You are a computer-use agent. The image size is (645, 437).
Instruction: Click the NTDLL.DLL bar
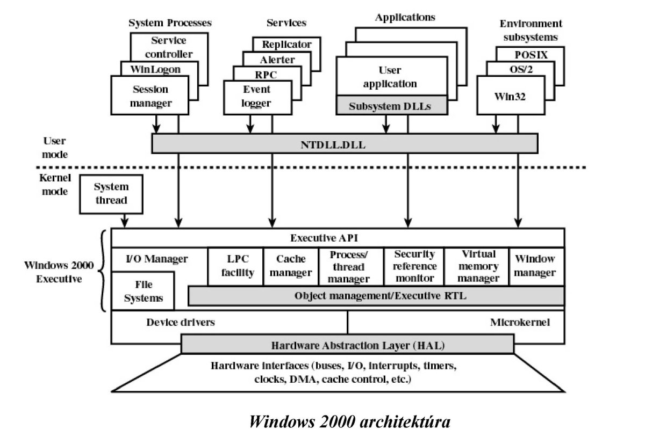pyautogui.click(x=345, y=143)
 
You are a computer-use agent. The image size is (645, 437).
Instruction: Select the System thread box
pyautogui.click(x=111, y=194)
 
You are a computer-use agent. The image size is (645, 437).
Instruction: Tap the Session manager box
pyautogui.click(x=150, y=95)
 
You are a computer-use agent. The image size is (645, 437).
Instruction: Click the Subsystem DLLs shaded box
pyautogui.click(x=392, y=105)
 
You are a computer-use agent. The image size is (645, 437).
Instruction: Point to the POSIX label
pyautogui.click(x=530, y=54)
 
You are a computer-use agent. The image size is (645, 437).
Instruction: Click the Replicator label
pyautogui.click(x=286, y=45)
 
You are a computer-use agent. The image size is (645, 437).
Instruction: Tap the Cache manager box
pyautogui.click(x=290, y=266)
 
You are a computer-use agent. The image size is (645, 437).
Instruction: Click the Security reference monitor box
pyautogui.click(x=414, y=266)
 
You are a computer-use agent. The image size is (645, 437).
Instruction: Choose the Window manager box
pyautogui.click(x=535, y=266)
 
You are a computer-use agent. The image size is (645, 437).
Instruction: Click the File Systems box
pyautogui.click(x=143, y=290)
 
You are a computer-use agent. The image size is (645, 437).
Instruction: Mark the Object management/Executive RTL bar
pyautogui.click(x=376, y=296)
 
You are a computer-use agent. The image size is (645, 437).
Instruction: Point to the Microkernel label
pyautogui.click(x=520, y=323)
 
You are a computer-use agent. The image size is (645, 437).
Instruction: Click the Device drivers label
pyautogui.click(x=180, y=323)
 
